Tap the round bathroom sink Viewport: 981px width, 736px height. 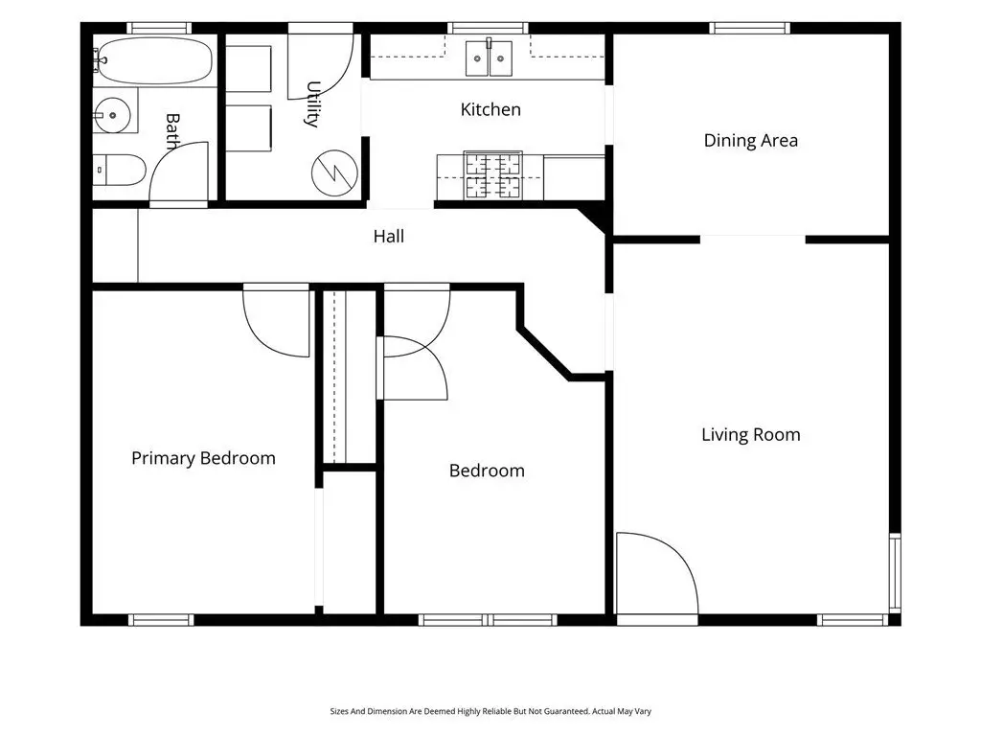point(113,115)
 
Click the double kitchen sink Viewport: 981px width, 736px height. point(489,58)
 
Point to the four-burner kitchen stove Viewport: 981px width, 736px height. point(493,175)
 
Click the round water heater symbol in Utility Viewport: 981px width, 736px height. point(334,172)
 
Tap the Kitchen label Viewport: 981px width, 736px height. point(490,109)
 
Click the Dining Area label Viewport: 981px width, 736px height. point(751,140)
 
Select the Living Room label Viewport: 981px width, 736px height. point(751,434)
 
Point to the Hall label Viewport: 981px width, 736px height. point(389,236)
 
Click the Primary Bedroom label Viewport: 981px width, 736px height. point(203,458)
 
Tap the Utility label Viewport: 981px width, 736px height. point(313,103)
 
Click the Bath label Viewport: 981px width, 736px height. point(172,130)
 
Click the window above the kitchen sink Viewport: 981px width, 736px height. point(488,28)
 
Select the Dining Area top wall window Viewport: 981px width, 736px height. point(750,28)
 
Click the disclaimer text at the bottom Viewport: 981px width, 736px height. point(490,711)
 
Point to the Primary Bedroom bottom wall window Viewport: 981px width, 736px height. point(161,620)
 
